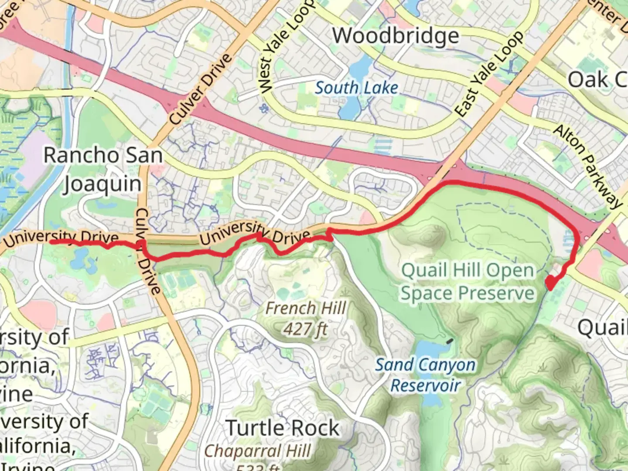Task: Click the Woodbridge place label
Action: coord(396,36)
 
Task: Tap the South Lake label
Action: coord(356,88)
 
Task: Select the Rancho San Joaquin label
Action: coord(103,169)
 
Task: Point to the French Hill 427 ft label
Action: coord(305,318)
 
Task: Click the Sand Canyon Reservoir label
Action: coord(425,375)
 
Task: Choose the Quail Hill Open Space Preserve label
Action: coord(468,282)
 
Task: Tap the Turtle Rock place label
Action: coord(283,428)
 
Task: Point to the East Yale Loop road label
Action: coord(489,74)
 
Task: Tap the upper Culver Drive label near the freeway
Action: coord(200,89)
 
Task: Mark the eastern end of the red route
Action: coord(550,286)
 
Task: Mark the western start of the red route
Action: coord(51,241)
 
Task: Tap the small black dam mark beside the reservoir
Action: coord(449,340)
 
